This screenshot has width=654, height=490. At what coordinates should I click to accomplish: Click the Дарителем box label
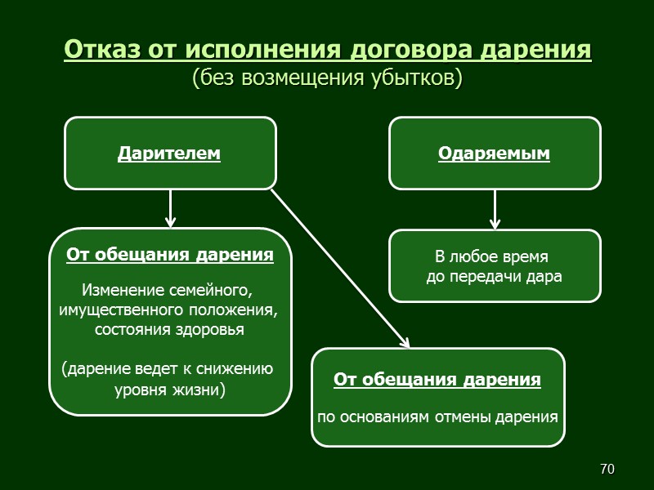pyautogui.click(x=169, y=153)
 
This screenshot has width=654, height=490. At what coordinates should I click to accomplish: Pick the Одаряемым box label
pyautogui.click(x=494, y=153)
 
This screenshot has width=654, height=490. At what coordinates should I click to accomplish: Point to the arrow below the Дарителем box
pyautogui.click(x=170, y=208)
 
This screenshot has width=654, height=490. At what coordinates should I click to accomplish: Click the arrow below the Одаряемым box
pyautogui.click(x=495, y=210)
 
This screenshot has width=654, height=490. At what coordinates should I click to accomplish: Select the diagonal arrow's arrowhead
pyautogui.click(x=404, y=341)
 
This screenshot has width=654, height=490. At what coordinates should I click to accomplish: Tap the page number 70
pyautogui.click(x=607, y=469)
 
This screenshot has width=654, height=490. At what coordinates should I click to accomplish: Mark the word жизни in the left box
pyautogui.click(x=197, y=389)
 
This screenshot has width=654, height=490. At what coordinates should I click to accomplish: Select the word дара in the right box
pyautogui.click(x=546, y=276)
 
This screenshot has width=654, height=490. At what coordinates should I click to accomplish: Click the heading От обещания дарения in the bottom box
pyautogui.click(x=437, y=380)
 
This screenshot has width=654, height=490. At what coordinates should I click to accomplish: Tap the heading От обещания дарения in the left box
pyautogui.click(x=169, y=255)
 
